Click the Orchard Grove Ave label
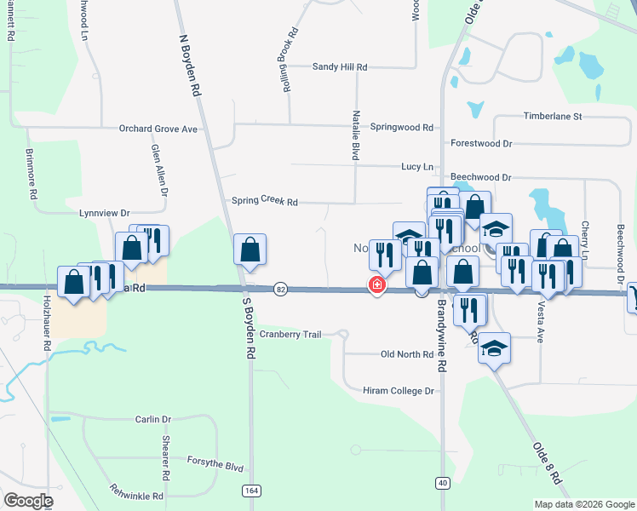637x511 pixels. pyautogui.click(x=158, y=129)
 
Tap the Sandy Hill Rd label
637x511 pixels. pyautogui.click(x=339, y=66)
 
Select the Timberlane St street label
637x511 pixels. pyautogui.click(x=552, y=116)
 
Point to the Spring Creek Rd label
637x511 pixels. pyautogui.click(x=265, y=202)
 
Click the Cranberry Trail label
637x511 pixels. pyautogui.click(x=290, y=335)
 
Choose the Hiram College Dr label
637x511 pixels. pyautogui.click(x=399, y=390)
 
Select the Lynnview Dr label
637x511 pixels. pyautogui.click(x=104, y=213)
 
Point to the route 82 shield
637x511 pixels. pyautogui.click(x=280, y=290)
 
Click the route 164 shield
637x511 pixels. pyautogui.click(x=250, y=491)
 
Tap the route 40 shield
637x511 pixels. pyautogui.click(x=441, y=483)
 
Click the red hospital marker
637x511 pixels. pyautogui.click(x=376, y=284)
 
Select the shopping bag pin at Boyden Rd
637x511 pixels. pyautogui.click(x=250, y=250)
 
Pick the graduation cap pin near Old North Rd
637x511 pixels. pyautogui.click(x=494, y=348)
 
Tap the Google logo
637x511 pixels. pyautogui.click(x=29, y=501)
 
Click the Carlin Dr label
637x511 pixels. pyautogui.click(x=153, y=420)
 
